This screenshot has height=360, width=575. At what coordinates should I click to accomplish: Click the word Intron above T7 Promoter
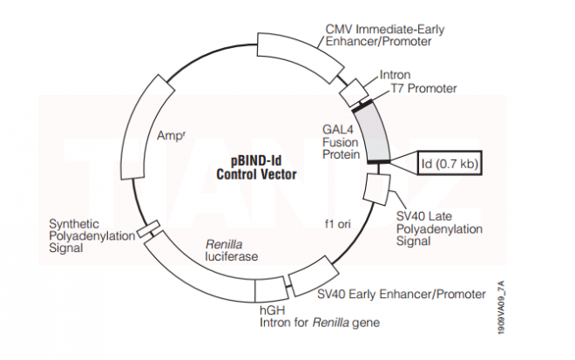(395, 75)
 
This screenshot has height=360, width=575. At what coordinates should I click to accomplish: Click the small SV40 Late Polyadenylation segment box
(376, 187)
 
